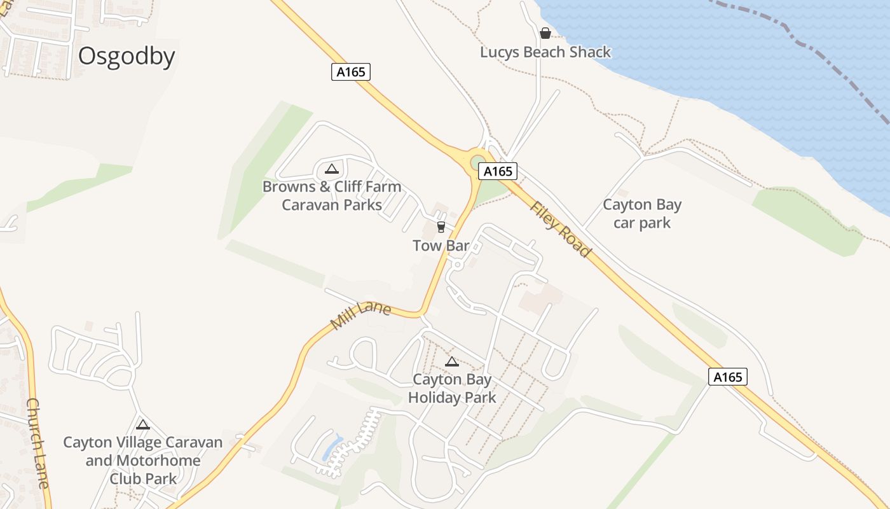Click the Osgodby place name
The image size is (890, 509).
(127, 57)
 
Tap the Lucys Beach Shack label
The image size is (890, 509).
(545, 52)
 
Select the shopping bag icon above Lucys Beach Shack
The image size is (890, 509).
(545, 33)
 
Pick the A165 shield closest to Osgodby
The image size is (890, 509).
(351, 72)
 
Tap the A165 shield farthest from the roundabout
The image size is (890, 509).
(728, 377)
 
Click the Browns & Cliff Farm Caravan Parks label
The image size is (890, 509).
(332, 195)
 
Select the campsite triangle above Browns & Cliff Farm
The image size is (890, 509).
(331, 169)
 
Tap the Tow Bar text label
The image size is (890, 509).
(441, 246)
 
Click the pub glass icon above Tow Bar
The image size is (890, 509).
(441, 227)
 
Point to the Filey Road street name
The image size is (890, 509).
(560, 230)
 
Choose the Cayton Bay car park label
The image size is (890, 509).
(642, 214)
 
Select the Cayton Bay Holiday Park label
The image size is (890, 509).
(452, 389)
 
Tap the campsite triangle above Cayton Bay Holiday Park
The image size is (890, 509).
(452, 362)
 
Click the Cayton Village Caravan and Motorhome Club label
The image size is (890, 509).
(143, 460)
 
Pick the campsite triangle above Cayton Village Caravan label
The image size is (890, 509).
(143, 424)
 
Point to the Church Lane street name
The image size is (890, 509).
(38, 443)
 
